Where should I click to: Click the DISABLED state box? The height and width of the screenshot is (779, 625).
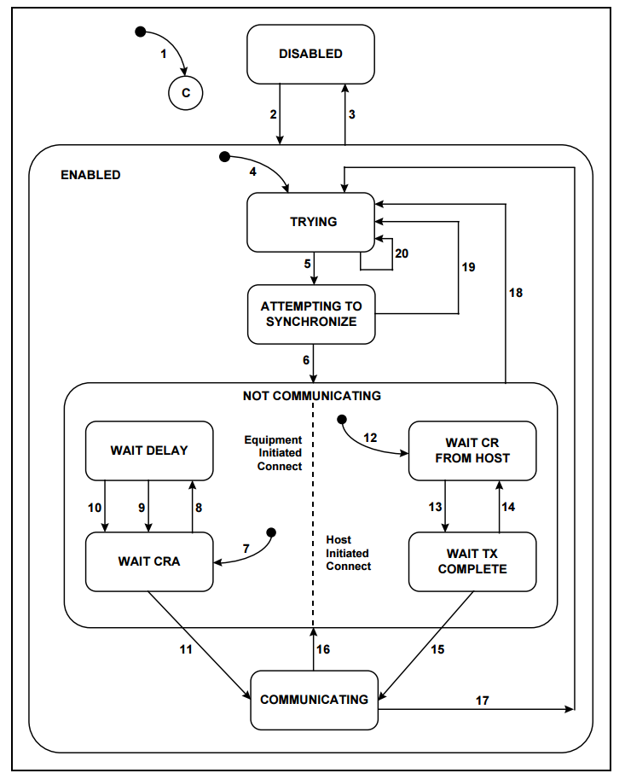[310, 54]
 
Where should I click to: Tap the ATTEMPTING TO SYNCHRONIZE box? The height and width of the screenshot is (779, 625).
[310, 314]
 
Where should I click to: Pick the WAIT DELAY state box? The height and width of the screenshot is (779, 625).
[148, 451]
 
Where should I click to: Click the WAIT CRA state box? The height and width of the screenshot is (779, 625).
[148, 561]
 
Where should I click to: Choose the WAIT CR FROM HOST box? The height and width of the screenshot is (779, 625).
[472, 451]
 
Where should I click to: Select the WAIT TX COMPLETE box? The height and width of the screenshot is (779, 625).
[472, 561]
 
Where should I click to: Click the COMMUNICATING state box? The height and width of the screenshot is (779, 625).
[314, 700]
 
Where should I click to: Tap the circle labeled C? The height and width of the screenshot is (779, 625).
[185, 91]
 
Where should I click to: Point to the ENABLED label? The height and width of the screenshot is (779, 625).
[90, 175]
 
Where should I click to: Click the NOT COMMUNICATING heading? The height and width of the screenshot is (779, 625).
[311, 396]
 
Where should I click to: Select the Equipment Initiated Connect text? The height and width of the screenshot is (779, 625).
[273, 453]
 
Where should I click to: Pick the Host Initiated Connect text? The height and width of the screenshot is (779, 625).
[348, 553]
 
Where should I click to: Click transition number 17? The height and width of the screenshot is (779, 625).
[482, 701]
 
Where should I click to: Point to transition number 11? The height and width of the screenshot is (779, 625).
[186, 649]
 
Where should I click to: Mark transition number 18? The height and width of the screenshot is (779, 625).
[515, 293]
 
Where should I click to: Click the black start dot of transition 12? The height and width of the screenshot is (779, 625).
[342, 419]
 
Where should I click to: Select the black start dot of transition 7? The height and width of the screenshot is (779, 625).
[271, 532]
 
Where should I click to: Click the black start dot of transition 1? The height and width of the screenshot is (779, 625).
[141, 32]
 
